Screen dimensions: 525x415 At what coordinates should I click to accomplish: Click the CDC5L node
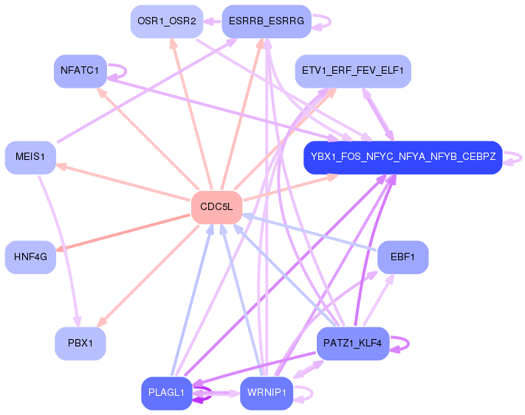tap(216, 207)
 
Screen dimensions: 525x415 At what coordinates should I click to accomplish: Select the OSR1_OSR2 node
tap(167, 21)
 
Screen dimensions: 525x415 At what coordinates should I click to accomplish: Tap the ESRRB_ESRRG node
tap(267, 21)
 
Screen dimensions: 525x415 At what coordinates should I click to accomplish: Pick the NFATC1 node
tap(80, 72)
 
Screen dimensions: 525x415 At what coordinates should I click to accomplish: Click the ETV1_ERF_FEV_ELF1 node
tap(353, 72)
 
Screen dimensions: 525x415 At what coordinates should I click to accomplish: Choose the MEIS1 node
tap(30, 158)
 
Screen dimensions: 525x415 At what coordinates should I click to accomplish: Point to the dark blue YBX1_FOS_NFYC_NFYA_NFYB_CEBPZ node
tap(403, 158)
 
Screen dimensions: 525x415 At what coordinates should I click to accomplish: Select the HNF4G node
tap(30, 257)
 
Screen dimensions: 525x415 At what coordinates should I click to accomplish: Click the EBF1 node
tap(402, 257)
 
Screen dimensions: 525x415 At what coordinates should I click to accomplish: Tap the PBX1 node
tap(80, 343)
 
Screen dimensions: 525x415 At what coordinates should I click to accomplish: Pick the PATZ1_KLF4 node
tap(353, 343)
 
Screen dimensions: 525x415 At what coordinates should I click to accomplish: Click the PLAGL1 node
tap(167, 394)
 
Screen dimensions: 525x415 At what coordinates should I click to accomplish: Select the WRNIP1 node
tap(267, 394)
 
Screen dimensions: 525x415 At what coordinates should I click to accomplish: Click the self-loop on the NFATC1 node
tap(126, 72)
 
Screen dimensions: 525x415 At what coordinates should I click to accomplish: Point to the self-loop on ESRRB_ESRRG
tap(331, 21)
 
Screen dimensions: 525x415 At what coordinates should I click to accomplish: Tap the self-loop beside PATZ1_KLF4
tap(408, 343)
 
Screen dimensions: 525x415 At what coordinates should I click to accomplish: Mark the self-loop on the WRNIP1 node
tap(312, 394)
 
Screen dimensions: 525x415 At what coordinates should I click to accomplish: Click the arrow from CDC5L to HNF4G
tap(123, 233)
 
